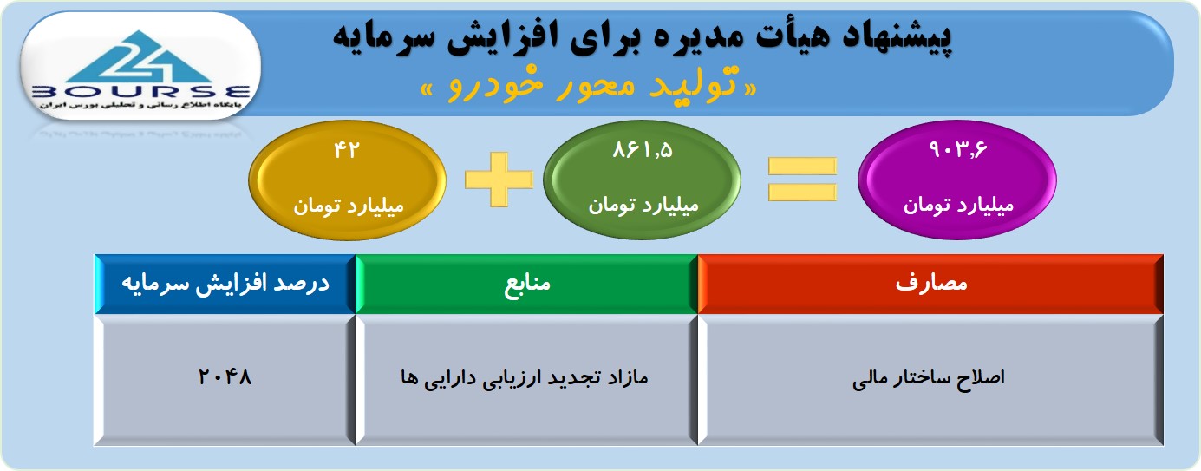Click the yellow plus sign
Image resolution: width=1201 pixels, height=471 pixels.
point(499,180)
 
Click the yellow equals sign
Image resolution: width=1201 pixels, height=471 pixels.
point(803,180)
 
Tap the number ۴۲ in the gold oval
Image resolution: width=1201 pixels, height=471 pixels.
point(346,150)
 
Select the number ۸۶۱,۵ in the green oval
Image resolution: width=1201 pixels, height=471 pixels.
point(643,150)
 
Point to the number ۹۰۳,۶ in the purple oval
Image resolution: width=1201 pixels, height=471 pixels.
point(958,149)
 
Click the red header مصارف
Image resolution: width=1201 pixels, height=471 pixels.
point(930,284)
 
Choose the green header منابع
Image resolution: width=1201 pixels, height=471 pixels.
point(527,284)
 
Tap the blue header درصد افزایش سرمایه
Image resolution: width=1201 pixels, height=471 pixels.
point(225,284)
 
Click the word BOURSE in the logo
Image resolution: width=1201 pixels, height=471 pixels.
point(140,92)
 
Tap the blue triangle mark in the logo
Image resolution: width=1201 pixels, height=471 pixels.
point(140,56)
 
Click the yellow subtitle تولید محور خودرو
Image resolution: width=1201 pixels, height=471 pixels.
point(589,84)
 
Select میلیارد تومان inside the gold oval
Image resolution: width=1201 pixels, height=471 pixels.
point(348,206)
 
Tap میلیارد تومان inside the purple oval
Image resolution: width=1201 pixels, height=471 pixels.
point(958,205)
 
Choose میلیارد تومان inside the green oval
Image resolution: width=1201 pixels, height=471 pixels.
point(643,205)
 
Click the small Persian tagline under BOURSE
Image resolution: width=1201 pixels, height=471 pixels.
point(140,105)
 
